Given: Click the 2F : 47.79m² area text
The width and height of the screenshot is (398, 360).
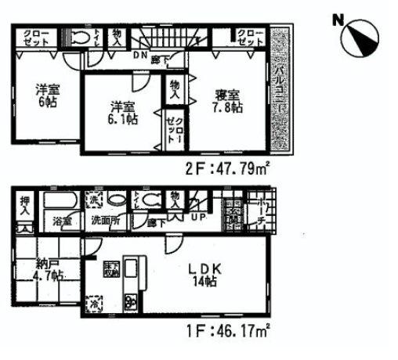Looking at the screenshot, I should (229, 167).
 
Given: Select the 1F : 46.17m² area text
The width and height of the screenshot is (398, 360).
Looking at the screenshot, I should (229, 331).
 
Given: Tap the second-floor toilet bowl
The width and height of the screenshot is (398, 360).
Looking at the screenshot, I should (80, 38).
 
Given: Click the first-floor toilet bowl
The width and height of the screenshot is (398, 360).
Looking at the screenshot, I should (150, 200).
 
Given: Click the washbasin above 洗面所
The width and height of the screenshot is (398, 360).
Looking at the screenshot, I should (116, 200).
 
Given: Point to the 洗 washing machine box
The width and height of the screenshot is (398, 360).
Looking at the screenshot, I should (93, 199).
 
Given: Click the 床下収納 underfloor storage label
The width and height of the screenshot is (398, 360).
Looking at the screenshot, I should (110, 271).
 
